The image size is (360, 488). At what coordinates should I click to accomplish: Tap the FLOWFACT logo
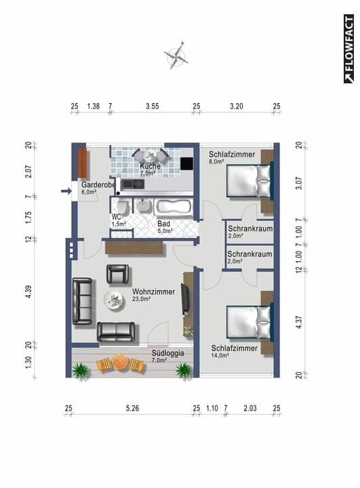coord(348,49)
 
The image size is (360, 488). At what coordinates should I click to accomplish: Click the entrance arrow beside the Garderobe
coord(66,191)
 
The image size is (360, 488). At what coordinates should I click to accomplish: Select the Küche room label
coord(150,166)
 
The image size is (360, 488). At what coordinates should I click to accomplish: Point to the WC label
coord(116,217)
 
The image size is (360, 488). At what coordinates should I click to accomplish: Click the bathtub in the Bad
coord(175,207)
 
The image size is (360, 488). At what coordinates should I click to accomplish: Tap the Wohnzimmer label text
coord(153,292)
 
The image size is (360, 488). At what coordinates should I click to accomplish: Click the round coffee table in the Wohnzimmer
coord(114,299)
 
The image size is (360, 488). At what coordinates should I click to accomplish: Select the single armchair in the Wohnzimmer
coord(117,274)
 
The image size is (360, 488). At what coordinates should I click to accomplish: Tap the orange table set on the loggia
coord(121,363)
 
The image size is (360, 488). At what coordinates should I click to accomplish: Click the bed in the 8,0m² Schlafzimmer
coord(248,180)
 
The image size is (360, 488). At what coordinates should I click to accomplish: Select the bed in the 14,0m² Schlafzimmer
coord(248,321)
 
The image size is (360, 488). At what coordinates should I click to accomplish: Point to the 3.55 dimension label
coord(153,106)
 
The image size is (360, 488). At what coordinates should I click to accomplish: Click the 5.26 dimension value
coord(132,408)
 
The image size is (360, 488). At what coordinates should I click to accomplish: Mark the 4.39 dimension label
coord(28,292)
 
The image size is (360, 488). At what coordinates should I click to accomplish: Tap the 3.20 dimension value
coord(236,106)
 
